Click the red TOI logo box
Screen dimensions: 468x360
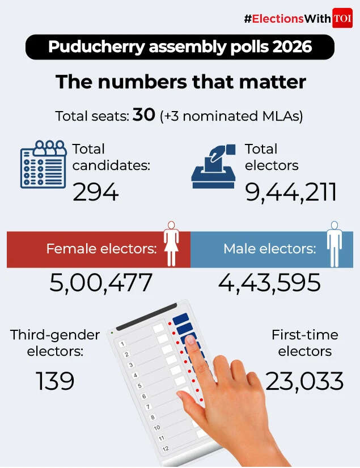coord(342,18)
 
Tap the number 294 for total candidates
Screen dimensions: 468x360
coord(95,193)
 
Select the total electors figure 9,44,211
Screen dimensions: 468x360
coord(291,193)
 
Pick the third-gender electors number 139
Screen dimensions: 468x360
coord(56,381)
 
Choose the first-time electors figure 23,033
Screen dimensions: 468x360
coord(304,381)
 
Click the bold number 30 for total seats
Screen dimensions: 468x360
coord(144,116)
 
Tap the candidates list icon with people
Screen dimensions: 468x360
coord(44,164)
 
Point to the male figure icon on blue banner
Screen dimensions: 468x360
coord(334,244)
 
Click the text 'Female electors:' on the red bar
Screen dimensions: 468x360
coord(101,249)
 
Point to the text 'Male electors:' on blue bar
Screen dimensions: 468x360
coord(269,249)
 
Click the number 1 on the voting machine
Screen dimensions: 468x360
coord(122,344)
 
